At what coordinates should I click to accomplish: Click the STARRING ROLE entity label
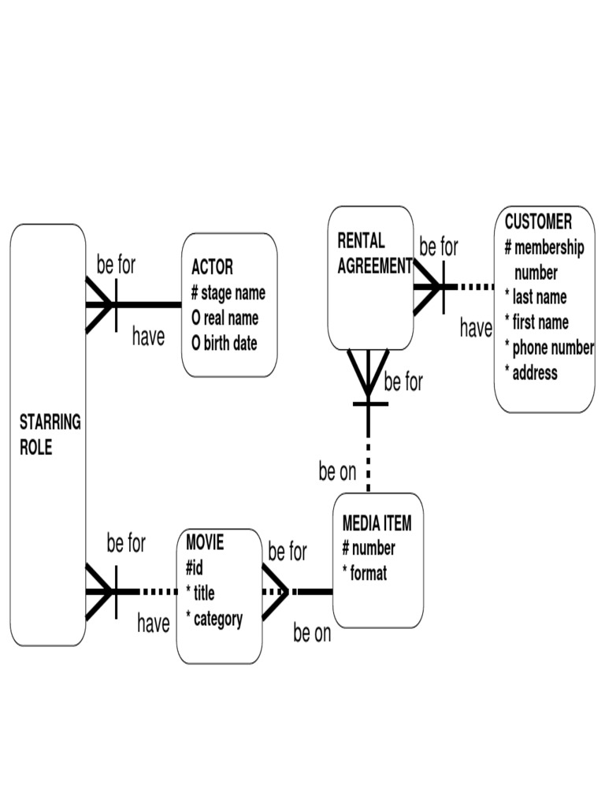click(50, 434)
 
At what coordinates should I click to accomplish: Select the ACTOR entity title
click(212, 267)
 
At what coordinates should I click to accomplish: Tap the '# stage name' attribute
click(228, 293)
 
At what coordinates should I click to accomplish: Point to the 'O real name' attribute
click(225, 318)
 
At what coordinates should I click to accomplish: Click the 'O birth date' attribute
click(224, 344)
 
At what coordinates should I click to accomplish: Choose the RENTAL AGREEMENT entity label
click(373, 253)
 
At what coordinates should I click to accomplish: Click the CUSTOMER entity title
click(538, 221)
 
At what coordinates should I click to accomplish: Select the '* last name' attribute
click(535, 297)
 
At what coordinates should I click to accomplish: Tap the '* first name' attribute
click(536, 322)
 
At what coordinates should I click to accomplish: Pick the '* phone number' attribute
click(548, 348)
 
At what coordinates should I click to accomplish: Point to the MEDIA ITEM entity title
click(377, 523)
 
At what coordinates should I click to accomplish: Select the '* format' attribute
click(364, 574)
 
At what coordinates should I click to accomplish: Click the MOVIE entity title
click(205, 542)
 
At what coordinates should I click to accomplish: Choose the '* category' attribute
click(213, 619)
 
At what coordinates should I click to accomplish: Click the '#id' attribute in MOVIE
click(195, 567)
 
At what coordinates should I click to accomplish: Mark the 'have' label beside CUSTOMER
click(476, 329)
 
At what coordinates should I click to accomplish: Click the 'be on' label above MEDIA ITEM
click(337, 472)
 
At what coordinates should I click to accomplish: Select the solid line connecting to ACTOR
click(150, 304)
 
